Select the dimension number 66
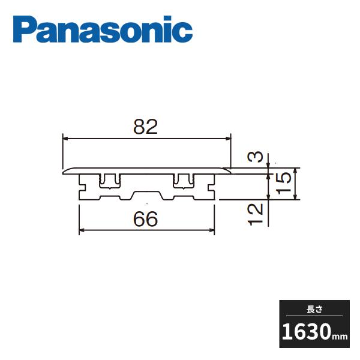coord(146,219)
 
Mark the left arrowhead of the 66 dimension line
coord(82,230)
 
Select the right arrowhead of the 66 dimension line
coord(212,230)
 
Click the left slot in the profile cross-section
coord(109,180)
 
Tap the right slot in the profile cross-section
coord(184,180)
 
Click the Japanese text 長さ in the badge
coord(314,308)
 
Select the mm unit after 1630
coord(340,336)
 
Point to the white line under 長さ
coord(314,316)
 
